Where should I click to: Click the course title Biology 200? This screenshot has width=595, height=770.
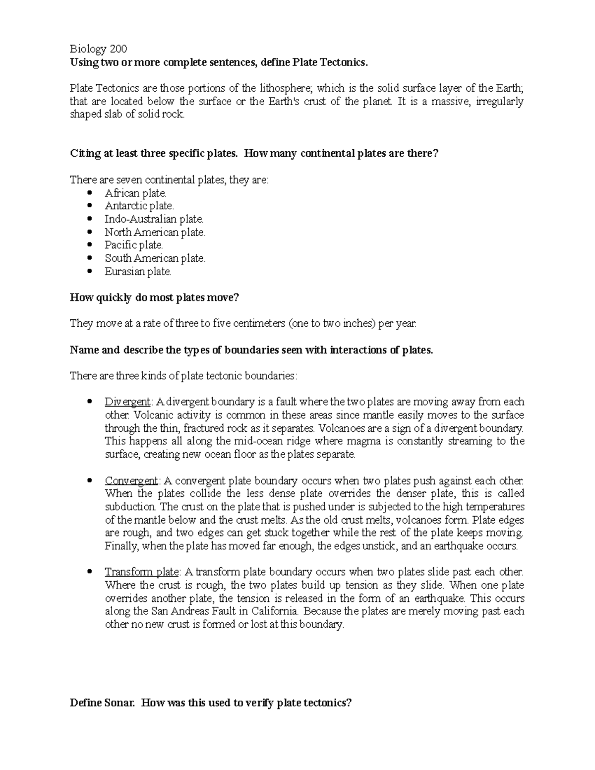[x=98, y=49]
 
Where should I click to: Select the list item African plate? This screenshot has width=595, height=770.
[x=135, y=193]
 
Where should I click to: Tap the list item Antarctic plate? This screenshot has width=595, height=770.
[x=139, y=206]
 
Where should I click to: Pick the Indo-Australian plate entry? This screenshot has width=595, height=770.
[x=154, y=219]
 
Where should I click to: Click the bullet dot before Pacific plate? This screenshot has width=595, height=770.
[x=89, y=245]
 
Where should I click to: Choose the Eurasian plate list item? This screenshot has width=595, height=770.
[x=138, y=271]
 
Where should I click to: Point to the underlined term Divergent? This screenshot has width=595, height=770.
[x=127, y=402]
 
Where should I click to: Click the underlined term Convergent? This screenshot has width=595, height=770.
[x=131, y=480]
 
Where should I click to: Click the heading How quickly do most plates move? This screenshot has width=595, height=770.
[x=154, y=297]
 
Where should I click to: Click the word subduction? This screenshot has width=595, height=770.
[x=130, y=507]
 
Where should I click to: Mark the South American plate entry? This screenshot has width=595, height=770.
[x=155, y=258]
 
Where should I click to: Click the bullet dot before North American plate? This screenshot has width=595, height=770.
[x=89, y=232]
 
